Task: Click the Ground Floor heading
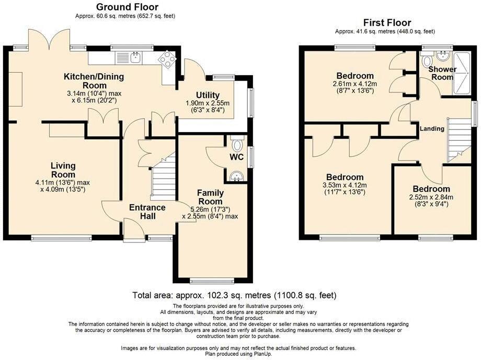click(x=127, y=7)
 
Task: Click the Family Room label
click(x=210, y=197)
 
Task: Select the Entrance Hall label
click(x=147, y=212)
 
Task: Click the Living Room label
click(x=63, y=170)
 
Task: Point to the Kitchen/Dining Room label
click(x=94, y=81)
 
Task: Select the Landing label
click(x=432, y=129)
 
